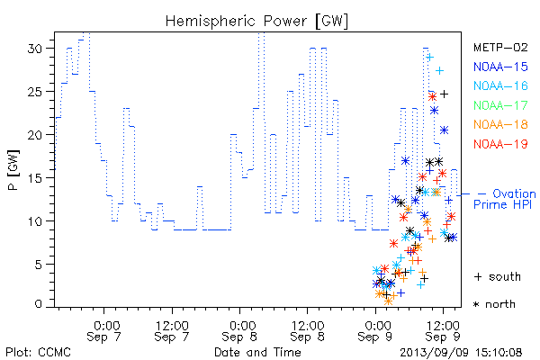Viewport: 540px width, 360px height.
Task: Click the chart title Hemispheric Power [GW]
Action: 256,22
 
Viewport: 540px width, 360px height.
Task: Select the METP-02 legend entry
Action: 500,47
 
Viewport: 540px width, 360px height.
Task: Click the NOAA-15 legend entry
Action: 500,67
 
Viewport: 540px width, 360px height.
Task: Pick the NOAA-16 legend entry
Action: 500,85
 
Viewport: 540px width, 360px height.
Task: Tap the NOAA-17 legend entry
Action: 500,105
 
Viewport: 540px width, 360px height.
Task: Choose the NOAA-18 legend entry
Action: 500,124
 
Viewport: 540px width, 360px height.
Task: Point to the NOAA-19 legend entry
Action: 500,144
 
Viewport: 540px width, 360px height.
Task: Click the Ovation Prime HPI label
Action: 505,199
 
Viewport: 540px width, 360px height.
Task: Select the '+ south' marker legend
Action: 498,276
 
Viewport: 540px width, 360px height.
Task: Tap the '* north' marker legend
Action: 494,304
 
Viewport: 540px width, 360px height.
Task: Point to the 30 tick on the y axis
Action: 35,49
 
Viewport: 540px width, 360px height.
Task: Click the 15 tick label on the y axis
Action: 35,178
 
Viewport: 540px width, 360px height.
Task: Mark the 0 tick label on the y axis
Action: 39,304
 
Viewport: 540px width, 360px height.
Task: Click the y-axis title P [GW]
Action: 13,170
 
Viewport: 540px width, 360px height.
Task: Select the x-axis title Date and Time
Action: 257,352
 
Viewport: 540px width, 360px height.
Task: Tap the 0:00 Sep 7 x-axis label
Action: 104,331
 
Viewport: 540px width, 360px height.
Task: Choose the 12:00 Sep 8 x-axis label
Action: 308,331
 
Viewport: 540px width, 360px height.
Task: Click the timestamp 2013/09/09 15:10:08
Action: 461,353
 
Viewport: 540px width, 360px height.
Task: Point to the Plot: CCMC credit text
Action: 38,353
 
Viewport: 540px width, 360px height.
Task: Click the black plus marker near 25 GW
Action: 445,94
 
